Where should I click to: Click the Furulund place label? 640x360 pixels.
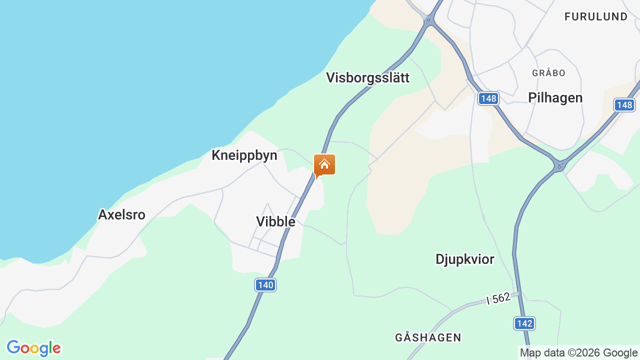coord(595,16)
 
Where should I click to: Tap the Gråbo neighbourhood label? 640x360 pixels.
coord(548,73)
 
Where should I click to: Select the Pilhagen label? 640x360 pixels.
coord(555,97)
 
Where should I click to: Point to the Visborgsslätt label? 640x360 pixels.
coord(367,77)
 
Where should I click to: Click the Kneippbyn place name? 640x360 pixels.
coord(244,155)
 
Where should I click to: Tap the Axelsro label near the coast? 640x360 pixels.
coord(121,214)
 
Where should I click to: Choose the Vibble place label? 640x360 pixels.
coord(275,221)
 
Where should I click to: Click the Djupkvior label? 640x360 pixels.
coord(464,259)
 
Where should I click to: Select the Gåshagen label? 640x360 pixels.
coord(428,337)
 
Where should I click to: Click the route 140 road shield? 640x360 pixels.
coord(265,285)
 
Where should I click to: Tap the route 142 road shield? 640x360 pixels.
coord(524,323)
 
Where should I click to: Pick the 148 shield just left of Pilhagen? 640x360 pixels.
coord(488,98)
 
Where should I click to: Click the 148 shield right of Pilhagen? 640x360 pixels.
coord(624,105)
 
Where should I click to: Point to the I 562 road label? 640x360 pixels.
coord(498,299)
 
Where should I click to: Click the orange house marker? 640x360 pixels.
coord(324,165)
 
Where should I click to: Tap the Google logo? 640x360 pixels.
coord(33,348)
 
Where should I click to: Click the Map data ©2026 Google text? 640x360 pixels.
coord(578,352)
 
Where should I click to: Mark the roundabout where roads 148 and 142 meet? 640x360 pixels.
coord(559,165)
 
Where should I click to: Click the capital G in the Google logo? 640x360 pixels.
coord(13,347)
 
